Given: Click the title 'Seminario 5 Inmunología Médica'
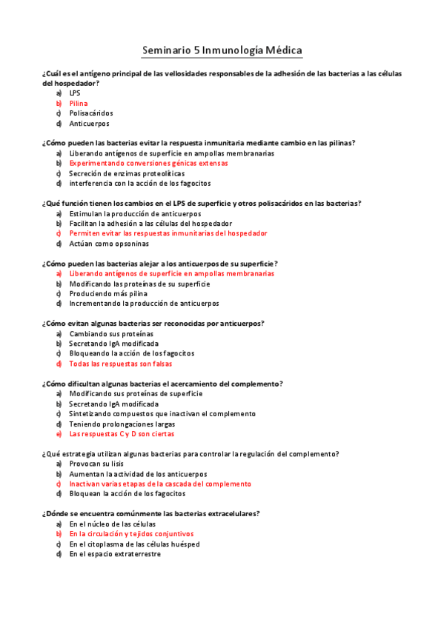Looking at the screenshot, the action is pyautogui.click(x=222, y=50).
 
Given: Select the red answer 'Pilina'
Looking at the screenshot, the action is pyautogui.click(x=79, y=104).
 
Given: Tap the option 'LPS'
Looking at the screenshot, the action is pyautogui.click(x=75, y=93).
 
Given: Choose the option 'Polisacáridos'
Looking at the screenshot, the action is pyautogui.click(x=91, y=113).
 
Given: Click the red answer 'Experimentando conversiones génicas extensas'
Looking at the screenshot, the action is pyautogui.click(x=148, y=163).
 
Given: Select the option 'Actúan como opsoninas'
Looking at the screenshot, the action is pyautogui.click(x=109, y=243).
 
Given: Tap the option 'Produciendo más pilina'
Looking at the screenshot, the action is pyautogui.click(x=108, y=293).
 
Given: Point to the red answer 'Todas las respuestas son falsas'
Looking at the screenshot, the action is pyautogui.click(x=121, y=364).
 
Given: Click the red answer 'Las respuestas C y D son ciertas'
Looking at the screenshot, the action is pyautogui.click(x=122, y=434).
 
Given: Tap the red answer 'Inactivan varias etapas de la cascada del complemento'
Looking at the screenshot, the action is pyautogui.click(x=160, y=484).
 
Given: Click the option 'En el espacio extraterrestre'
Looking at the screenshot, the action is pyautogui.click(x=115, y=553).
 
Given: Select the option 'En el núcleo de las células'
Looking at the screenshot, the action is pyautogui.click(x=113, y=524).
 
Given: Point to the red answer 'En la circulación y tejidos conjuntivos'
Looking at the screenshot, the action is pyautogui.click(x=131, y=533).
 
